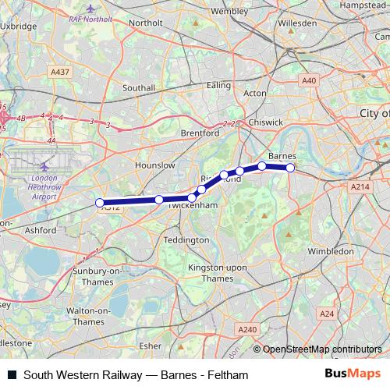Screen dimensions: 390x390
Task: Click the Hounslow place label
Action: click(x=154, y=165)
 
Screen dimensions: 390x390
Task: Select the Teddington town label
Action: click(x=187, y=239)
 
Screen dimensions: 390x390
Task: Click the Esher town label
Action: click(x=148, y=343)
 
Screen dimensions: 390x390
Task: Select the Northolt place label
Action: click(x=145, y=23)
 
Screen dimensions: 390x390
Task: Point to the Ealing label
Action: click(x=219, y=84)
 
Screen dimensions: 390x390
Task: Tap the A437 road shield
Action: click(x=59, y=73)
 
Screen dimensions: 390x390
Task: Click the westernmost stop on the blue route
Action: click(x=100, y=203)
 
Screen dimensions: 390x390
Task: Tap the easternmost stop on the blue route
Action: click(x=290, y=168)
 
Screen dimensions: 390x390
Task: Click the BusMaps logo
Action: click(x=355, y=374)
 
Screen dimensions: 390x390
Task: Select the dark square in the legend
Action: click(x=12, y=374)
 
